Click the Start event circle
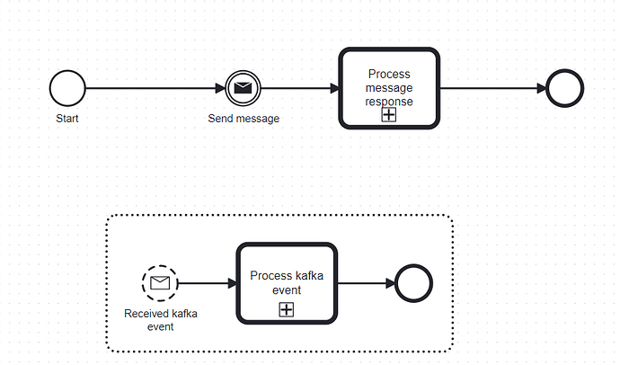point(67,89)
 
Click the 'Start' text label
point(67,118)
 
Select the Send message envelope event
point(243,89)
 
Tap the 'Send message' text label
point(244,119)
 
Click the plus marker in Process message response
point(389,114)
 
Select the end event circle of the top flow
point(565,89)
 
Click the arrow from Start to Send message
point(153,89)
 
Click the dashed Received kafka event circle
point(160,283)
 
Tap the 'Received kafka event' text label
point(160,319)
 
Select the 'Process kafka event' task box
point(286,270)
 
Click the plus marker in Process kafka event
point(286,309)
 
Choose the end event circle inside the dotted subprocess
point(414,283)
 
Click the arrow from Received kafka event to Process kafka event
point(207,283)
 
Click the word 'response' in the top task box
point(389,102)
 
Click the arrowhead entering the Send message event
point(220,89)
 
